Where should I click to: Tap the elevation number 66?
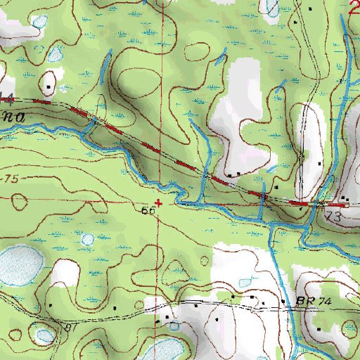coord(148,210)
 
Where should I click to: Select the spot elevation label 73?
coord(333,219)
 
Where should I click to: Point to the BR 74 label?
coord(313,301)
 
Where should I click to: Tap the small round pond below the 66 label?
coord(87,239)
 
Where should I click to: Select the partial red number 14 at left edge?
coord(7,96)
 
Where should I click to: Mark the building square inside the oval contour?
coord(48,88)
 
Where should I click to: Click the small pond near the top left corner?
coord(39,22)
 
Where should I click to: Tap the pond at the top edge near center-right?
coord(270,6)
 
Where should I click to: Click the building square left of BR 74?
coord(283,303)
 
